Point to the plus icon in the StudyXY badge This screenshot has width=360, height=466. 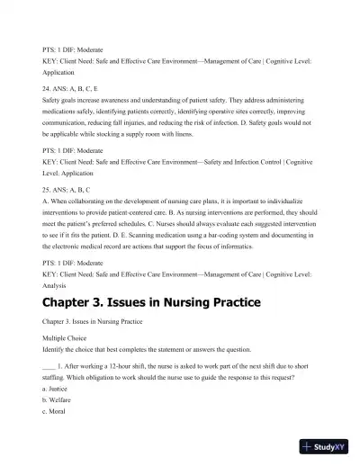[x=310, y=446]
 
